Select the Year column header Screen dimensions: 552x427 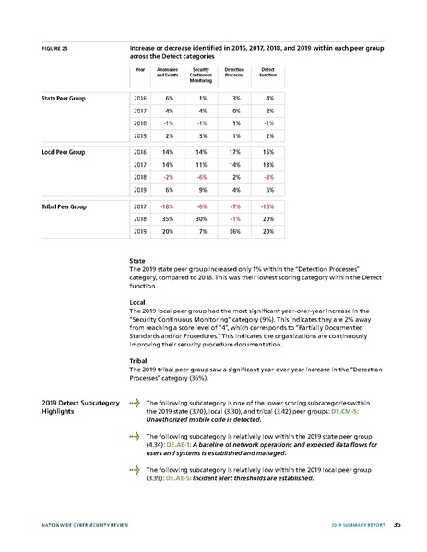140,71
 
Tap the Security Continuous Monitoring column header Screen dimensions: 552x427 201,74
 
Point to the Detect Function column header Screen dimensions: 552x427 267,74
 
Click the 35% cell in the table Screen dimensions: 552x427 169,219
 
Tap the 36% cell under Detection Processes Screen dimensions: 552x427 235,232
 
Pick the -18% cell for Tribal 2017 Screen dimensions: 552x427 168,206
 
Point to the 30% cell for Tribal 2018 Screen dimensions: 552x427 202,219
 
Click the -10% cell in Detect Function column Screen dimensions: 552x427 267,206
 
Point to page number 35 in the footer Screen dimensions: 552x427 396,526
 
